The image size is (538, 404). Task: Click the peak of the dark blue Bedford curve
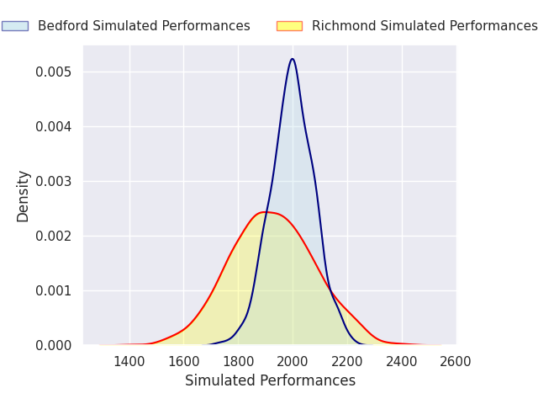[x=293, y=59]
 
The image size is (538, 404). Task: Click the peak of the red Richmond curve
[x=265, y=212]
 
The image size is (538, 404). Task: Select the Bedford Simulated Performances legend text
[x=144, y=26]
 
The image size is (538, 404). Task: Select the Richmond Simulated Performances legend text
[x=425, y=26]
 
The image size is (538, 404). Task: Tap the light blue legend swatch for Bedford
[x=15, y=26]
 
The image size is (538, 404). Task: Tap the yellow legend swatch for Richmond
[x=289, y=26]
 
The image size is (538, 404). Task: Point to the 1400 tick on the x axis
[x=129, y=362]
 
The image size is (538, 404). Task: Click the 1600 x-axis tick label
[x=183, y=362]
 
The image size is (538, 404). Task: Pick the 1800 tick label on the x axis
[x=238, y=362]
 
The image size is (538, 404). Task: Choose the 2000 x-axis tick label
[x=293, y=362]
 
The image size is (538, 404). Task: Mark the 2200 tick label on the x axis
[x=347, y=362]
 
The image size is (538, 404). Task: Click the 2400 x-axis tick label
[x=402, y=362]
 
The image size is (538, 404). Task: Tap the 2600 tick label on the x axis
[x=456, y=362]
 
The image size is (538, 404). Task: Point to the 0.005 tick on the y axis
[x=53, y=72]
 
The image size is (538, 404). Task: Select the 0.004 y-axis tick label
[x=53, y=127]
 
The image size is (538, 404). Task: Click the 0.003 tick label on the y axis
[x=53, y=182]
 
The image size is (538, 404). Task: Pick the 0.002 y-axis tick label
[x=53, y=237]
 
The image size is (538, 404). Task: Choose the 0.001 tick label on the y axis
[x=53, y=291]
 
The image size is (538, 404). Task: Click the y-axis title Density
[x=24, y=196]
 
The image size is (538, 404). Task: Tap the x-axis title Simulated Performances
[x=270, y=381]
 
